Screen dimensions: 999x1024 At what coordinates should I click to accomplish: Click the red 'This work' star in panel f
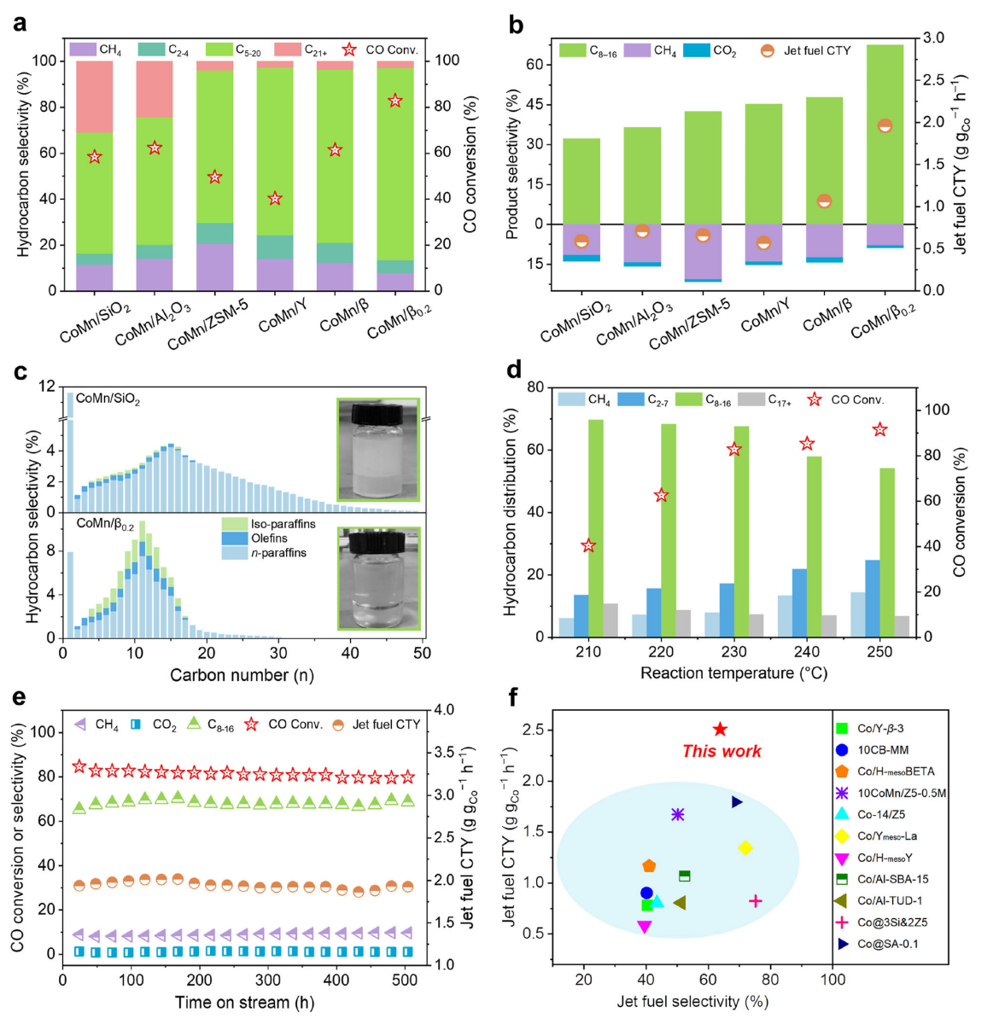tap(720, 730)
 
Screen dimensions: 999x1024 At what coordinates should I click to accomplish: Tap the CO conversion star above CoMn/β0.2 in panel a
tap(395, 101)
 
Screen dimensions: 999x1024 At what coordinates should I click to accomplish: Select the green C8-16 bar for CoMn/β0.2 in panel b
tap(885, 135)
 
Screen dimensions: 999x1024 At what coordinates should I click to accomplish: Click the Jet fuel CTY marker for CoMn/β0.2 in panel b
tap(885, 125)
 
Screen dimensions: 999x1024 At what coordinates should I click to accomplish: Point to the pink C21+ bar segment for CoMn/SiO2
tap(94, 96)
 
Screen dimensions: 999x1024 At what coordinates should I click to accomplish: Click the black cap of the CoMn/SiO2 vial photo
tap(377, 410)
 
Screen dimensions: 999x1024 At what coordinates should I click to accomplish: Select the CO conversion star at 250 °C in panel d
tap(879, 430)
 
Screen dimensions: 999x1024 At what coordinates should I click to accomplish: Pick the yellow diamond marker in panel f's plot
tap(745, 847)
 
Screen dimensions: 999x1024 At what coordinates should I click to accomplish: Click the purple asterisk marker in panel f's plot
tap(678, 814)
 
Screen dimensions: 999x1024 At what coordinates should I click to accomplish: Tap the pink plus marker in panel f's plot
tap(755, 901)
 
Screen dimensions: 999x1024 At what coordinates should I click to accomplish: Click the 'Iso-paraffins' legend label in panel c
tap(283, 524)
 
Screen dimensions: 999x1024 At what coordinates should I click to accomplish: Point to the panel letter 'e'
tap(19, 696)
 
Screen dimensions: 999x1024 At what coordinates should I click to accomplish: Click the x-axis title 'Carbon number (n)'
tap(242, 675)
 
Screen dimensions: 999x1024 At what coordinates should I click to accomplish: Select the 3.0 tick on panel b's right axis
tap(933, 38)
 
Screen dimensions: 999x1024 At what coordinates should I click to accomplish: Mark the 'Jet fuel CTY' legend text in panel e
tap(386, 724)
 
